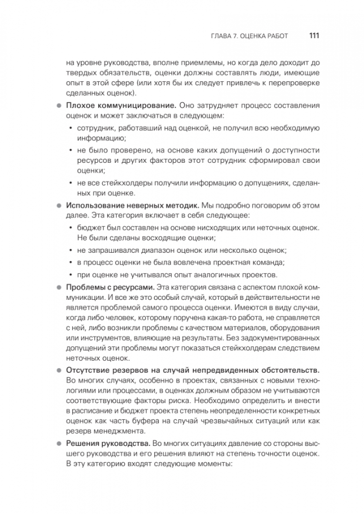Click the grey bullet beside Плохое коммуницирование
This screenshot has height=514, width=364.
(60, 105)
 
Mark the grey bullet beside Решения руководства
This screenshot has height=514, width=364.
(60, 442)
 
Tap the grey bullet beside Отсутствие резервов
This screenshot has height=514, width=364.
(60, 370)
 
